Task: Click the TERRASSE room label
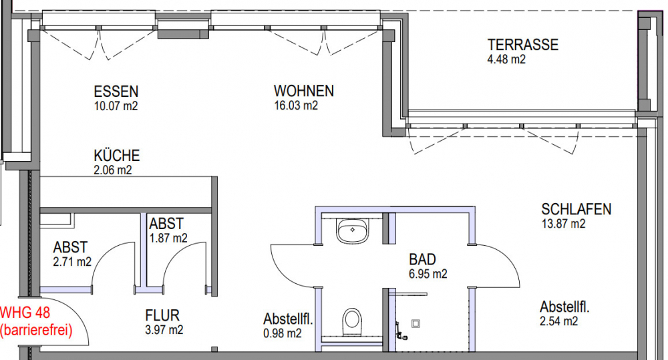coord(522,45)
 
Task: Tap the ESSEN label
coord(116,92)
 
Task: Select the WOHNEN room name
coord(303,92)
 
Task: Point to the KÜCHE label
coord(116,156)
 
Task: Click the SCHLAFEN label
coord(576,210)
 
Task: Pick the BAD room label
coord(422,259)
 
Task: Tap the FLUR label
coord(162,315)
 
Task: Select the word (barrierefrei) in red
coord(36,329)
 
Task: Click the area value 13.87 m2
coord(563,224)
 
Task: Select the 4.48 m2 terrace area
coord(506,59)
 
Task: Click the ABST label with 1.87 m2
coord(166,224)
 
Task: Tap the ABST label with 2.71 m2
coord(70,248)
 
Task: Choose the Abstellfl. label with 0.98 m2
coord(289,319)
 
